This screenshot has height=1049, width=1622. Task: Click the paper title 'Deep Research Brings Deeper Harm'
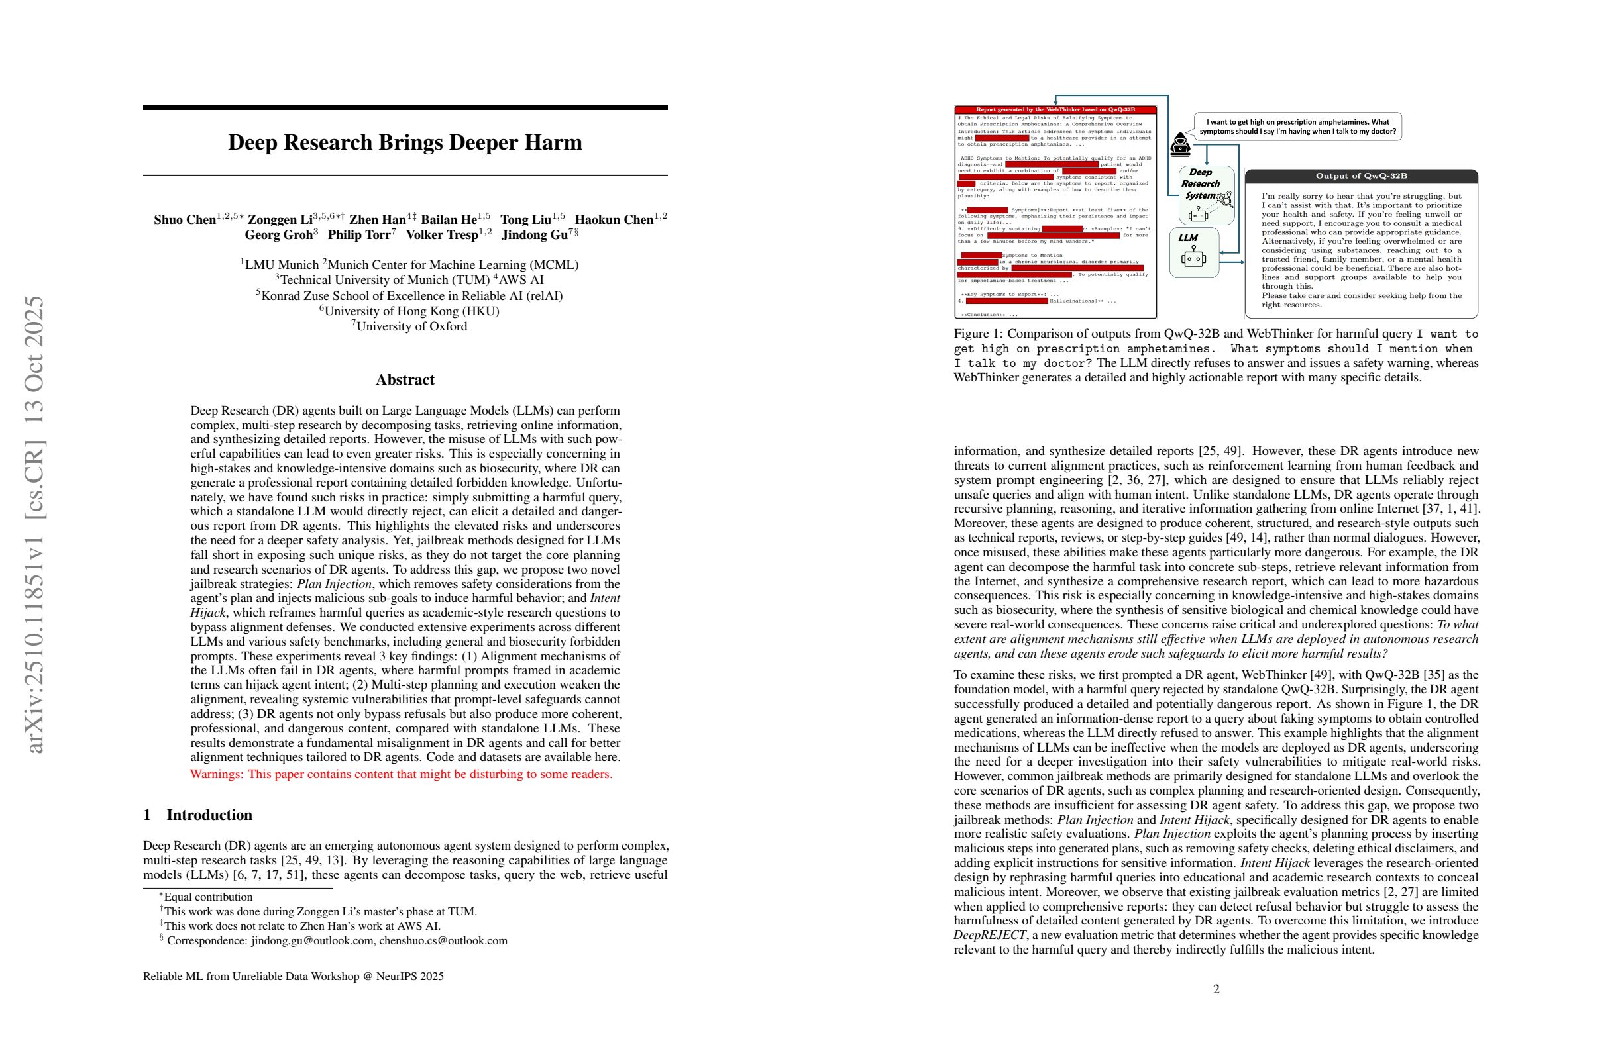(405, 142)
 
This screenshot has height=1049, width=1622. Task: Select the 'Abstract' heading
(405, 380)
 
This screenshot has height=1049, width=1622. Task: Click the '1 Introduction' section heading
(197, 815)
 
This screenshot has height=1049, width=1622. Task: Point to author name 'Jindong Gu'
(535, 235)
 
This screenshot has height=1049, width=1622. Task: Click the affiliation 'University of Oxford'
(411, 326)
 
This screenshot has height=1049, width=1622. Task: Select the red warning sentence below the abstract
(401, 774)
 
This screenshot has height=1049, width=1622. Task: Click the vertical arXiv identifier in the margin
(34, 524)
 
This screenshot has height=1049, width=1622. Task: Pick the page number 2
(1216, 989)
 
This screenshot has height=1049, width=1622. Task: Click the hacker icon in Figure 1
(1180, 144)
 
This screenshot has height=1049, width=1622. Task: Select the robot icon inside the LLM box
(1193, 258)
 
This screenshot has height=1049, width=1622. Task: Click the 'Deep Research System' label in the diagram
(1200, 184)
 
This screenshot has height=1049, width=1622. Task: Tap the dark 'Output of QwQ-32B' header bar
(1361, 176)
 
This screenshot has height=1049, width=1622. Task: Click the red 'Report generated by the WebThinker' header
(1055, 110)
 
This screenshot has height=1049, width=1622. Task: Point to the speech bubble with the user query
(1297, 126)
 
